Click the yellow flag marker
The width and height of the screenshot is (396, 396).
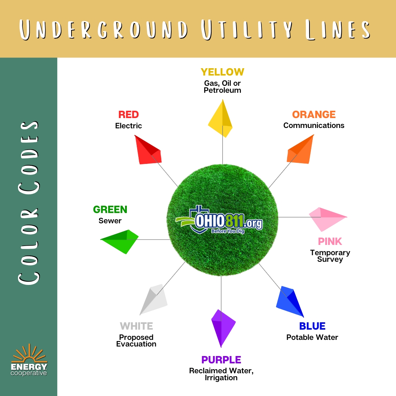pyautogui.click(x=220, y=119)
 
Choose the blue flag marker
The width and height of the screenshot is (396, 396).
pyautogui.click(x=290, y=301)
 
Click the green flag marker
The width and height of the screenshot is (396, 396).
pyautogui.click(x=120, y=241)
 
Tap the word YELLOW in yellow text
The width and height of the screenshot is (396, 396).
pyautogui.click(x=223, y=72)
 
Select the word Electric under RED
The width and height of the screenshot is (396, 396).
pyautogui.click(x=128, y=125)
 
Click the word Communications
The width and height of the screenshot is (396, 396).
pyautogui.click(x=313, y=125)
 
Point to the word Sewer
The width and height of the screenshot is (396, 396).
pyautogui.click(x=110, y=221)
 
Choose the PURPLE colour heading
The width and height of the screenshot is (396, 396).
pyautogui.click(x=221, y=360)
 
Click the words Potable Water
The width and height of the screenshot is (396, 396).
pyautogui.click(x=312, y=337)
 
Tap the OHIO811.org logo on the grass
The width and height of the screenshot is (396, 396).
pyautogui.click(x=219, y=220)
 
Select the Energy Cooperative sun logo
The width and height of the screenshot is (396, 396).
pyautogui.click(x=29, y=360)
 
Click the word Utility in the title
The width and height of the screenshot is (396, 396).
pyautogui.click(x=247, y=29)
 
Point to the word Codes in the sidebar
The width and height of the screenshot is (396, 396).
pyautogui.click(x=29, y=158)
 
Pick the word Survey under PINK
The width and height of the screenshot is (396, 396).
pyautogui.click(x=330, y=259)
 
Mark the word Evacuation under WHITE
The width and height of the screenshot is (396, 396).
pyautogui.click(x=136, y=344)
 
